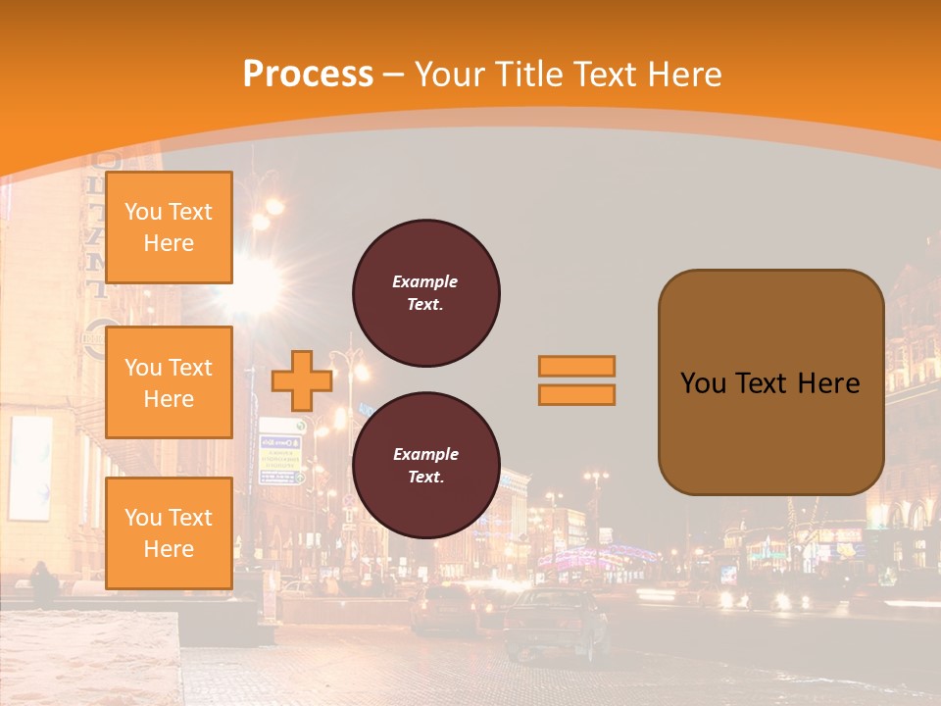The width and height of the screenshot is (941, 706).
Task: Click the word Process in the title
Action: (x=308, y=74)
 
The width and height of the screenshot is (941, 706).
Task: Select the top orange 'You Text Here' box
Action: (x=169, y=227)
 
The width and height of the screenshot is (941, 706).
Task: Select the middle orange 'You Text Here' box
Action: (x=169, y=382)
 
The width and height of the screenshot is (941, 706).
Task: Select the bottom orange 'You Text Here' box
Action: (x=169, y=532)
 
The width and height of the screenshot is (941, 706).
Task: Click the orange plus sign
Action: (x=301, y=380)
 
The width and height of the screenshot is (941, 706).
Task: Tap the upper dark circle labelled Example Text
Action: (x=426, y=293)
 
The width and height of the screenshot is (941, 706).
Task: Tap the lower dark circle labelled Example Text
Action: (x=426, y=465)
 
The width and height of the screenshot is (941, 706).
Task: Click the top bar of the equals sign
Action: (x=576, y=366)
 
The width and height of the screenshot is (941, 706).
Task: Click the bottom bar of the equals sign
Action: (x=576, y=394)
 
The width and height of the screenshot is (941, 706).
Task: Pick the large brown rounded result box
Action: (x=770, y=381)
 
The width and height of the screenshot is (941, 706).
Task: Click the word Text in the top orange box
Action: (x=191, y=212)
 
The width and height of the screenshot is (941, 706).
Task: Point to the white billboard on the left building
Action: (x=29, y=468)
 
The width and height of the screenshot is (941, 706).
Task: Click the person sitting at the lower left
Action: (x=43, y=583)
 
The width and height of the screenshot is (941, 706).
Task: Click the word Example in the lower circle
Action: (x=425, y=454)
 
